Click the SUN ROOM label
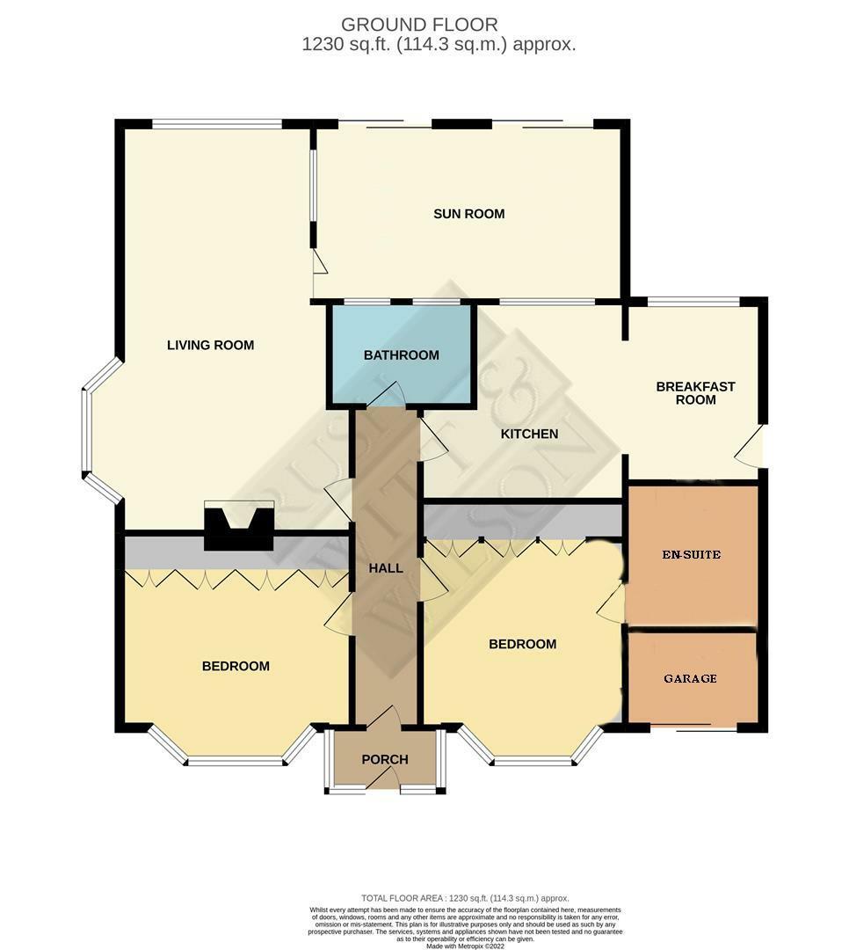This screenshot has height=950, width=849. pos(468,214)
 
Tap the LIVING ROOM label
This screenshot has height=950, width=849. pos(210,345)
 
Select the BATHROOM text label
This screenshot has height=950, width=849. pos(401,355)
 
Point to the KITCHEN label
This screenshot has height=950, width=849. pos(529,434)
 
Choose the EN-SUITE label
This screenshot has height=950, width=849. pos(691,555)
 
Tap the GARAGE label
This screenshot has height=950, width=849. pos(690,678)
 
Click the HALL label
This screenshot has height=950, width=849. pos(386,568)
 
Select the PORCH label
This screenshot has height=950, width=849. pos(385,760)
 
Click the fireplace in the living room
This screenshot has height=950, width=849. pos(239,525)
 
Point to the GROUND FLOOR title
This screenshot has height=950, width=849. pos(419,25)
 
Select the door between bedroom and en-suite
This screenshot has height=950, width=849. pos(613,604)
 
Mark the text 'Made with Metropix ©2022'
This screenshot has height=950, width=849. pos(466,946)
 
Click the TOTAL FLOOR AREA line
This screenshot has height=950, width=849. pos(465,897)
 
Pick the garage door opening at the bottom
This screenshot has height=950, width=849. pos(693,729)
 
